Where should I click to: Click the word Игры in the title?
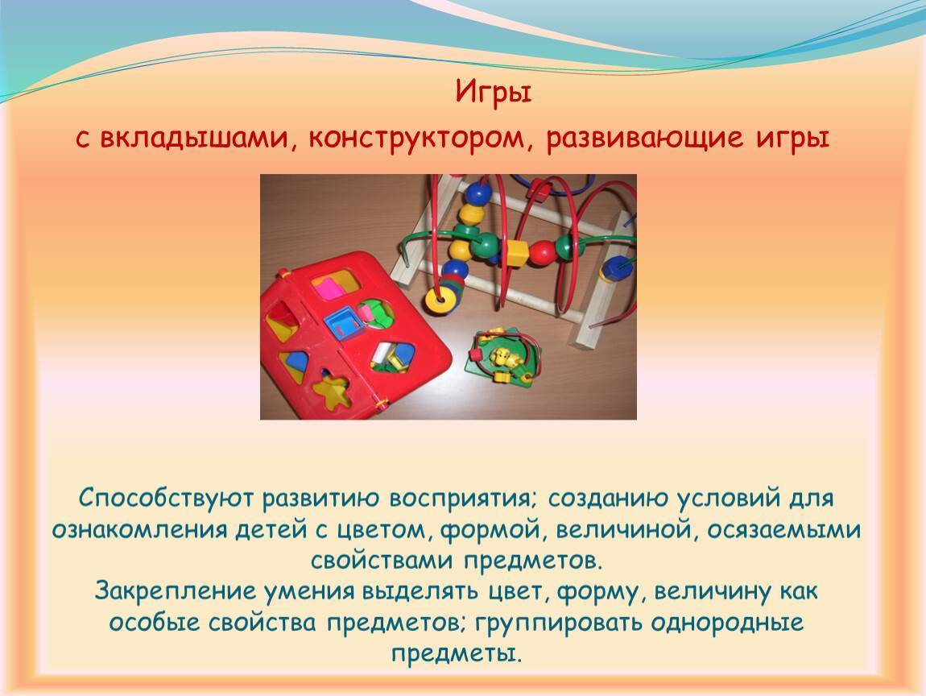tap(494, 93)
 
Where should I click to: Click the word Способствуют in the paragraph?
tap(167, 498)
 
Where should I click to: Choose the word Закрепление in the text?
tap(174, 590)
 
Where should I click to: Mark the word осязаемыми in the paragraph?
tap(783, 529)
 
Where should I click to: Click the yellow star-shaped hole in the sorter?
tap(331, 390)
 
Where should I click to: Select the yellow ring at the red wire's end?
tap(440, 300)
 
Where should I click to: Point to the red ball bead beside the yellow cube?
tap(542, 252)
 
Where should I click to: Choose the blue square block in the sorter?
tap(341, 323)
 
